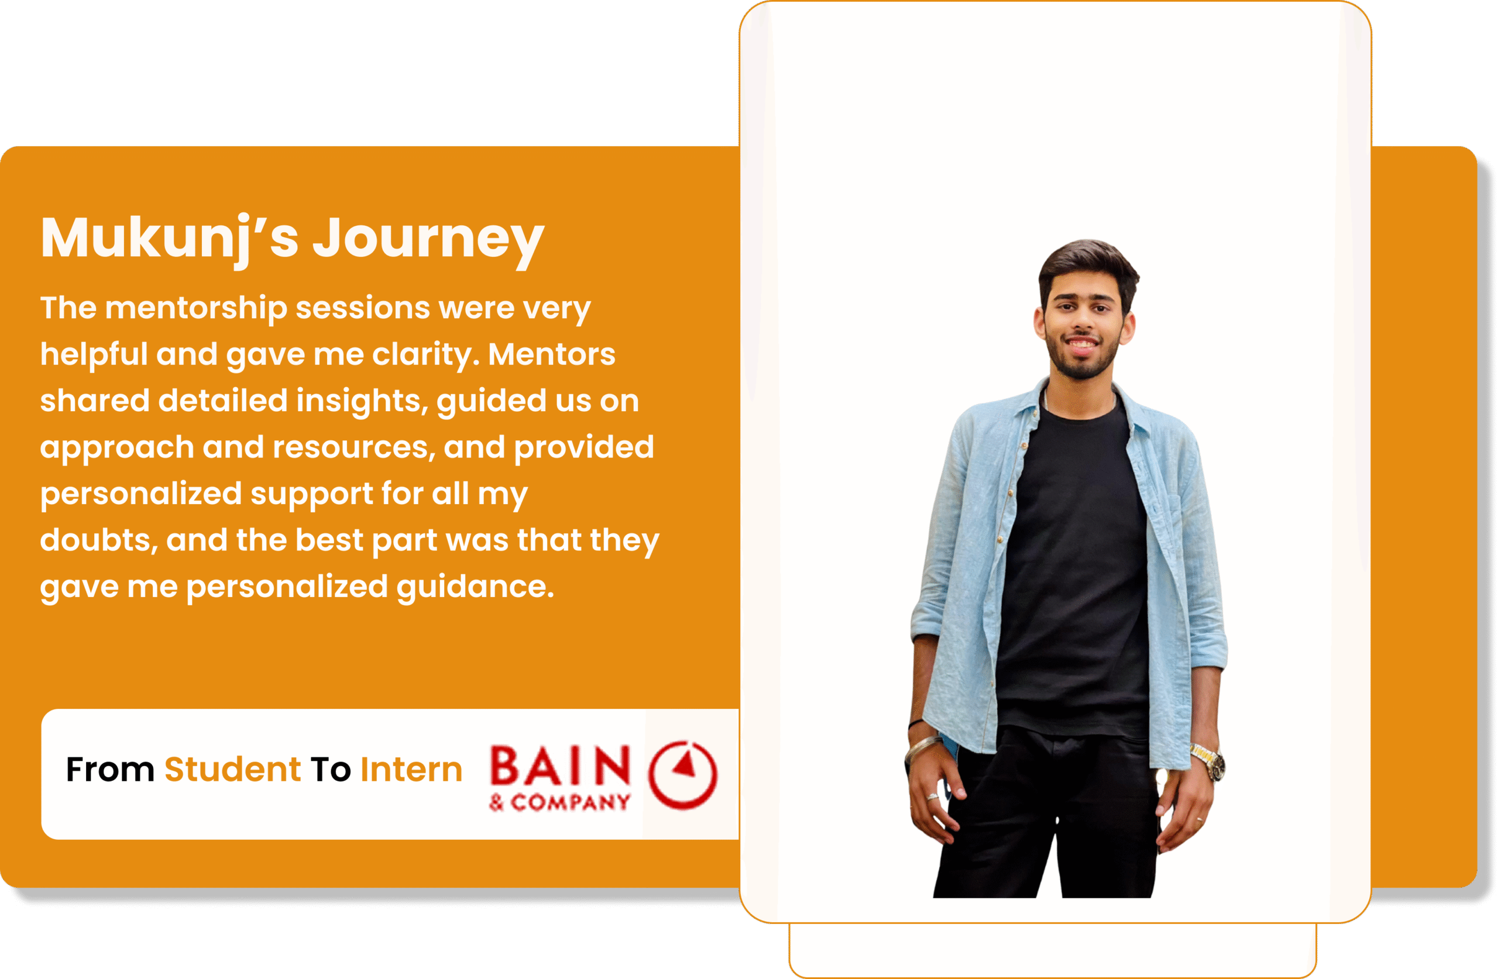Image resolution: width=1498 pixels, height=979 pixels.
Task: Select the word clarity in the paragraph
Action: click(425, 356)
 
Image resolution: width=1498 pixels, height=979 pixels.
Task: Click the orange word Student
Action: click(233, 770)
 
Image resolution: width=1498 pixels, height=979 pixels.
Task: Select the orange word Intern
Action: click(411, 770)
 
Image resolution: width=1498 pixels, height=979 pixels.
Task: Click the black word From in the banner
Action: click(110, 770)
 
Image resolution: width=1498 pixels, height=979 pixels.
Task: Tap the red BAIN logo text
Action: click(560, 766)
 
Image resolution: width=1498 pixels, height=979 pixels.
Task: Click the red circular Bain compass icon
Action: click(683, 774)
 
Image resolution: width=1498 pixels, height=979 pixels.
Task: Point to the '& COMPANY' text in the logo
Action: click(559, 802)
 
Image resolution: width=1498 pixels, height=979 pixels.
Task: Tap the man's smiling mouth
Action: click(1082, 344)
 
